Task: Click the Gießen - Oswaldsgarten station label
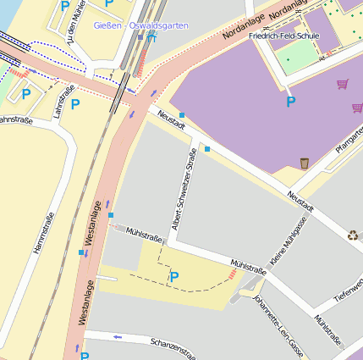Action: pyautogui.click(x=141, y=27)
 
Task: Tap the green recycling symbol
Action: pyautogui.click(x=353, y=235)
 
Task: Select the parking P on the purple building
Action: pyautogui.click(x=291, y=102)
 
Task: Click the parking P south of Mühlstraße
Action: pyautogui.click(x=174, y=276)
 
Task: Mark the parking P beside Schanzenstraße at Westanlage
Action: pyautogui.click(x=84, y=356)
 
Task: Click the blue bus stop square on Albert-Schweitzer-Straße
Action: pyautogui.click(x=206, y=149)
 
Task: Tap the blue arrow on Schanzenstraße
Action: pyautogui.click(x=118, y=337)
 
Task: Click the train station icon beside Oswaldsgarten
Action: pyautogui.click(x=152, y=38)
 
